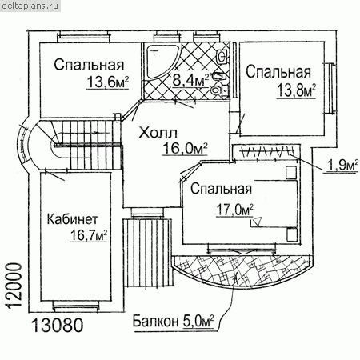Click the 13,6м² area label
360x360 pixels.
107,82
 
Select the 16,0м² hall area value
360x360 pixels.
185,148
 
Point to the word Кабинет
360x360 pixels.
73,219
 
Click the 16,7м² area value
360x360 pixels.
89,235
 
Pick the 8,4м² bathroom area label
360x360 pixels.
190,80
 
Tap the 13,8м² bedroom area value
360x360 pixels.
296,90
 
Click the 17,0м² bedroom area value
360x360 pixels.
234,210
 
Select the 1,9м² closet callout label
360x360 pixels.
342,166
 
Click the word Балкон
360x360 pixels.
155,322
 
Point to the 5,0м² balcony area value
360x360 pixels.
198,322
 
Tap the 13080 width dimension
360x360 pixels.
58,326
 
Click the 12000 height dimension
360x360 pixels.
14,286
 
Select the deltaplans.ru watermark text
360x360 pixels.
30,6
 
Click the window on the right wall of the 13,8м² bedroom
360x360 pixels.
331,88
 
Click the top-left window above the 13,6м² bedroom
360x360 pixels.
83,36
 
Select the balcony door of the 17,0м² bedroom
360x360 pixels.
242,250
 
